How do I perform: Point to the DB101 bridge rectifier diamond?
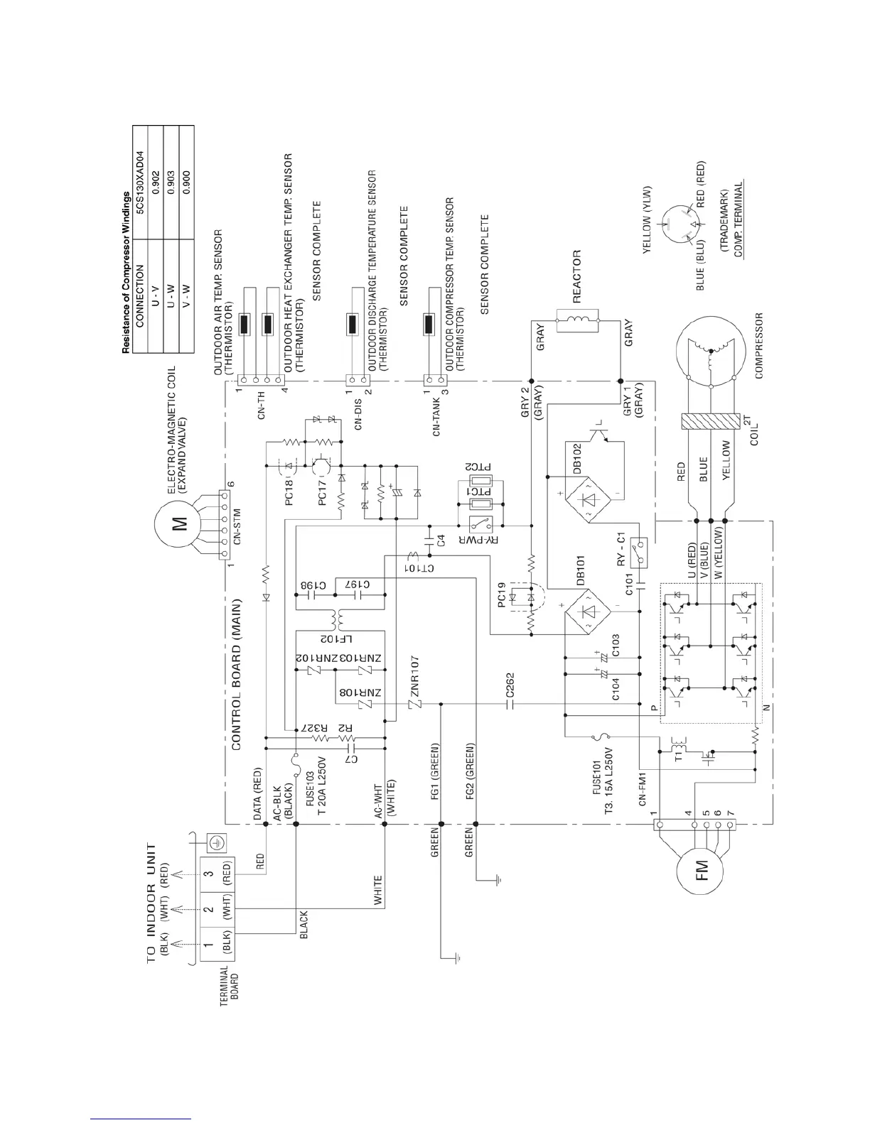pyautogui.click(x=589, y=612)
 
